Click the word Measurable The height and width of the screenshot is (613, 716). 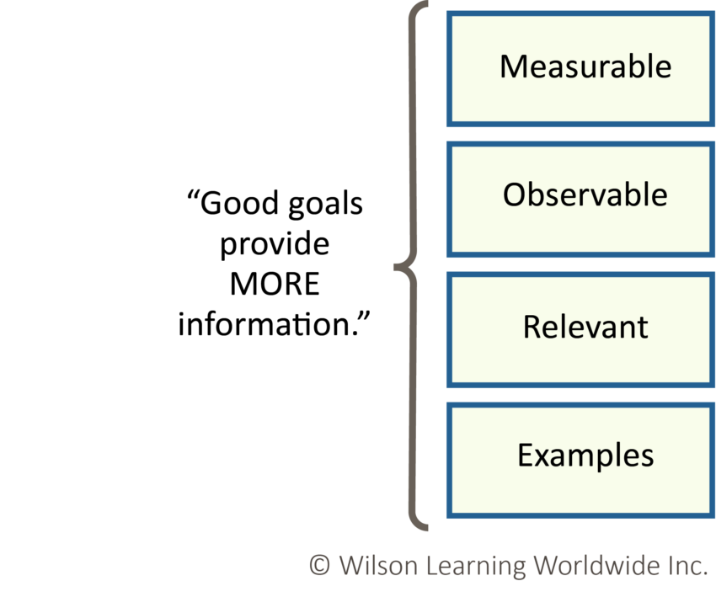tap(585, 66)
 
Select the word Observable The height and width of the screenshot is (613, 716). tap(585, 195)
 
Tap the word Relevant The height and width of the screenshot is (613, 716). tap(585, 327)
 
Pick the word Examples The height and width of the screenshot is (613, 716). tap(585, 456)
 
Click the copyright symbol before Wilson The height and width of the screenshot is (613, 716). tap(319, 566)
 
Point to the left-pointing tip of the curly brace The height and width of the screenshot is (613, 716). tap(395, 269)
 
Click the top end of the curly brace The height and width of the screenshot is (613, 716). tap(427, 5)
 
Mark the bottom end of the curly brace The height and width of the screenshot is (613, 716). tap(427, 530)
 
